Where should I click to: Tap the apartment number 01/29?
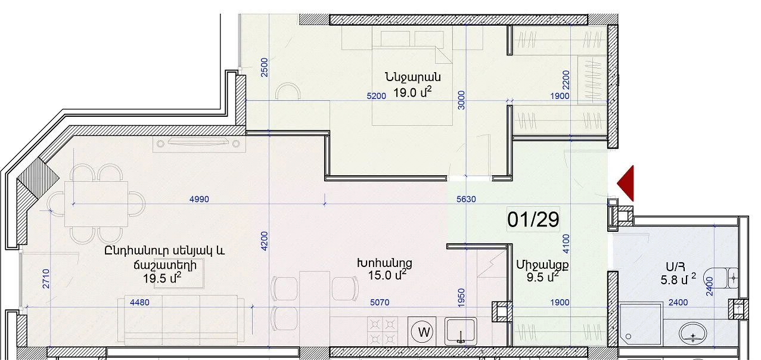(533, 219)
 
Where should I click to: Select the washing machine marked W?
(424, 331)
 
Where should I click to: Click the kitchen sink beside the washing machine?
(461, 331)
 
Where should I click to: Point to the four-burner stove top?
(383, 331)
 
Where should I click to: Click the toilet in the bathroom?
(721, 278)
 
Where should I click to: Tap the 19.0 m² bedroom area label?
(412, 92)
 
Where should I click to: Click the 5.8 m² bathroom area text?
(678, 280)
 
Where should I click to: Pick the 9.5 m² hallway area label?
(542, 277)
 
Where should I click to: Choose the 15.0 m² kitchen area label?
(387, 275)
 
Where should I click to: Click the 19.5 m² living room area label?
(162, 278)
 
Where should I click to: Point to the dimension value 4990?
(199, 199)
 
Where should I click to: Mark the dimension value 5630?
(466, 199)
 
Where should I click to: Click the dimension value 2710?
(46, 279)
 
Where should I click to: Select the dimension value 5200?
(377, 96)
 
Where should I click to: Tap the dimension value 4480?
(139, 302)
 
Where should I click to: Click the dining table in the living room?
(96, 204)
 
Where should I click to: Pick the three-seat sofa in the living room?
(181, 319)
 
